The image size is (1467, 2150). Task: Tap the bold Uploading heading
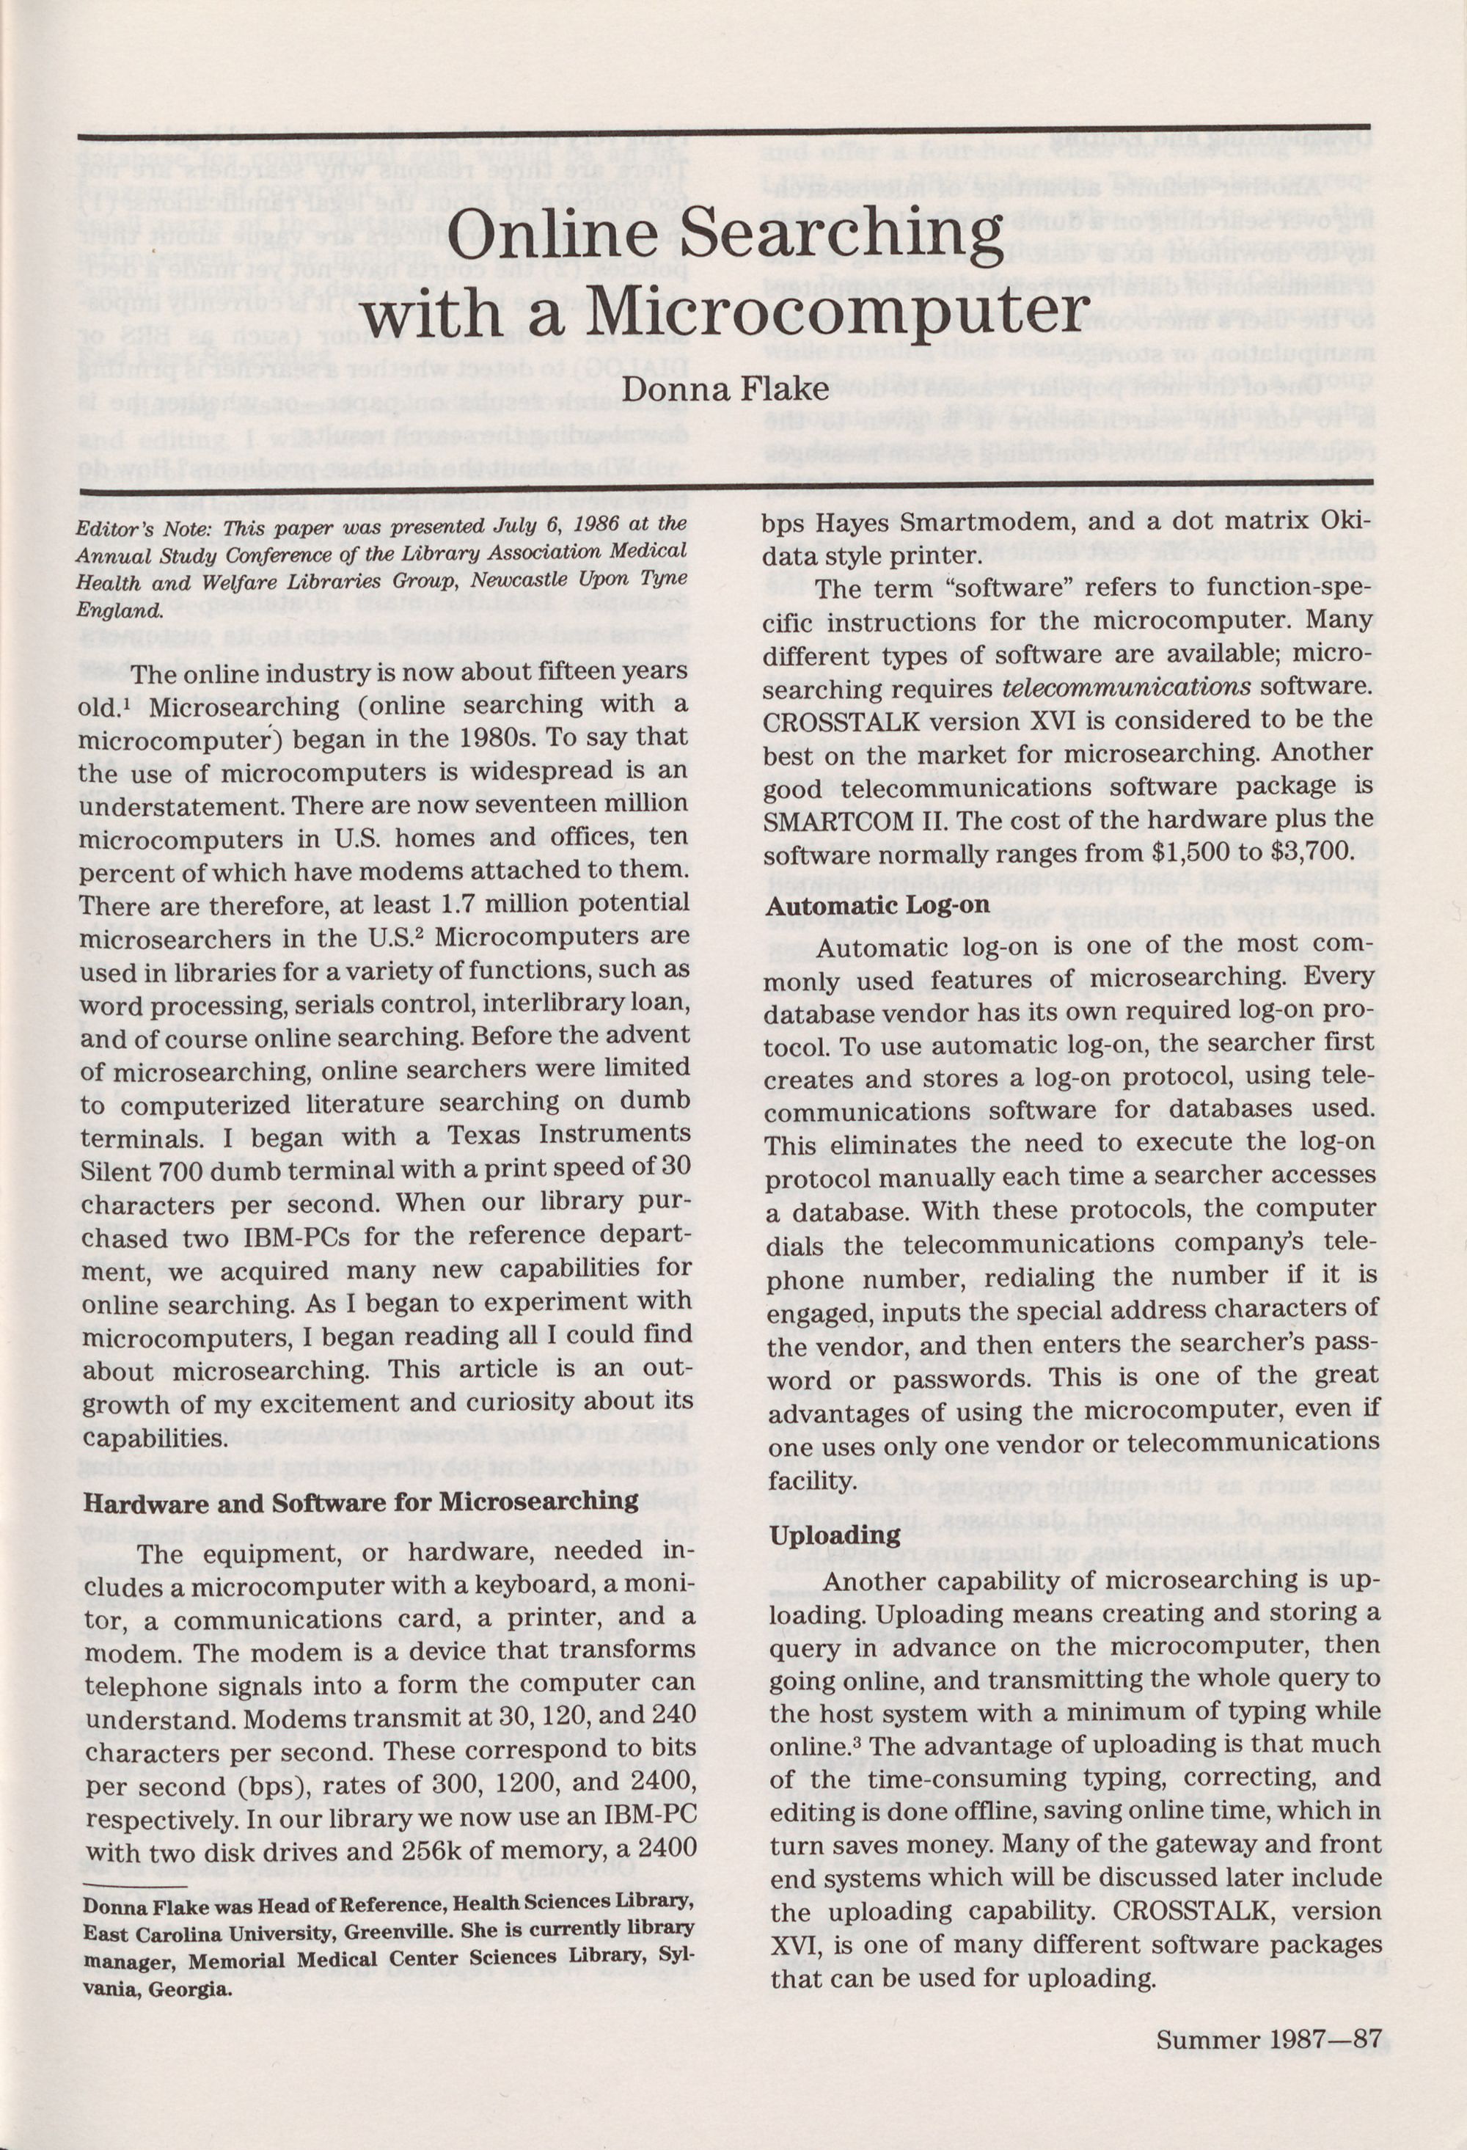click(x=835, y=1537)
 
